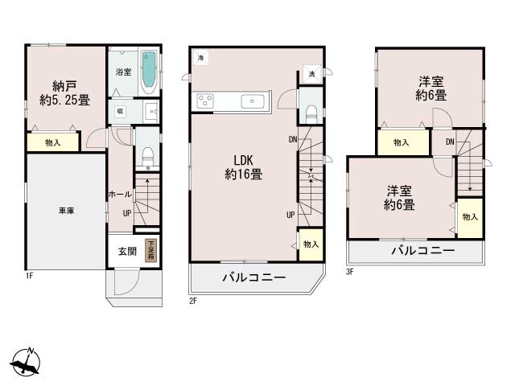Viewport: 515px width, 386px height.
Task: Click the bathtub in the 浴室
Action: (x=149, y=72)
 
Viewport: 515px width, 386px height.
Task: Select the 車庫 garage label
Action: (x=66, y=211)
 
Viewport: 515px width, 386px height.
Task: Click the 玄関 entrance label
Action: (x=127, y=251)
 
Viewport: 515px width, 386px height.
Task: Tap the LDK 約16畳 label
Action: (x=247, y=166)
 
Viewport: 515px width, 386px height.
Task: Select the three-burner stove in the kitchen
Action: (x=204, y=101)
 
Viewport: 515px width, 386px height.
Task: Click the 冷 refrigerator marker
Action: (x=200, y=57)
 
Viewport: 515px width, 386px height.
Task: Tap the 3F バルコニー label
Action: (x=422, y=251)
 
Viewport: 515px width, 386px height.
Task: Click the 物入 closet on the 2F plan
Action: (x=310, y=244)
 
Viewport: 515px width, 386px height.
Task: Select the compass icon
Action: (x=27, y=363)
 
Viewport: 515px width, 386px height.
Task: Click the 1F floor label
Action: (x=28, y=276)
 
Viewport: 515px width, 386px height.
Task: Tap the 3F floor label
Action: (x=350, y=271)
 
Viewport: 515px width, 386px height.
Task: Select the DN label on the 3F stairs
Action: (x=450, y=142)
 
